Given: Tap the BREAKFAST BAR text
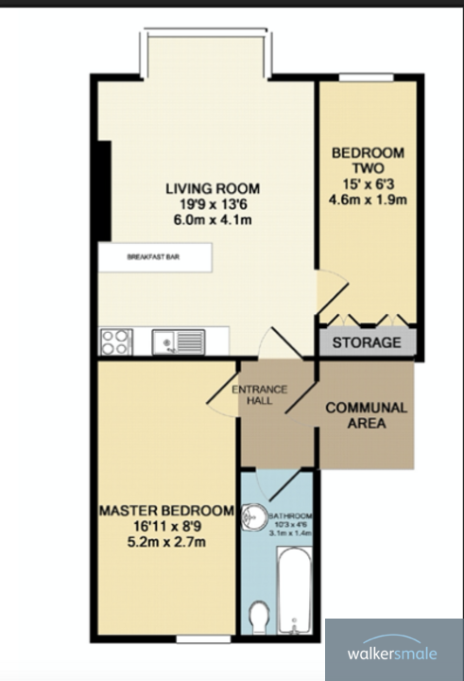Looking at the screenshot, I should (x=154, y=256).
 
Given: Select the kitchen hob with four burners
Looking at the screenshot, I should (x=116, y=340).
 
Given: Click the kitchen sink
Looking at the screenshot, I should (x=178, y=340).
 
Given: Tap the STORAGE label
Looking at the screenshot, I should (x=366, y=342).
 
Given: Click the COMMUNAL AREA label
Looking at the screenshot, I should (x=366, y=415).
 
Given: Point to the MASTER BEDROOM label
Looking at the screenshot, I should (x=166, y=511).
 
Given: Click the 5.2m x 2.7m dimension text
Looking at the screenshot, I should (x=166, y=542).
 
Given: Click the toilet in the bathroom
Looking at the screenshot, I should (x=257, y=619).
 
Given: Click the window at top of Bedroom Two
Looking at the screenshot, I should (x=366, y=79).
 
